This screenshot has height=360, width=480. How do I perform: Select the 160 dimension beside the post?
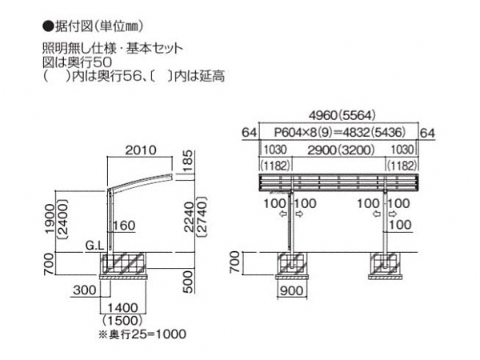click(x=123, y=226)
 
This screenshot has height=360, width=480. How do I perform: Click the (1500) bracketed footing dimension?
click(x=122, y=319)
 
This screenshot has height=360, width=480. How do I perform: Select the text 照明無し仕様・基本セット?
click(x=113, y=47)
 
